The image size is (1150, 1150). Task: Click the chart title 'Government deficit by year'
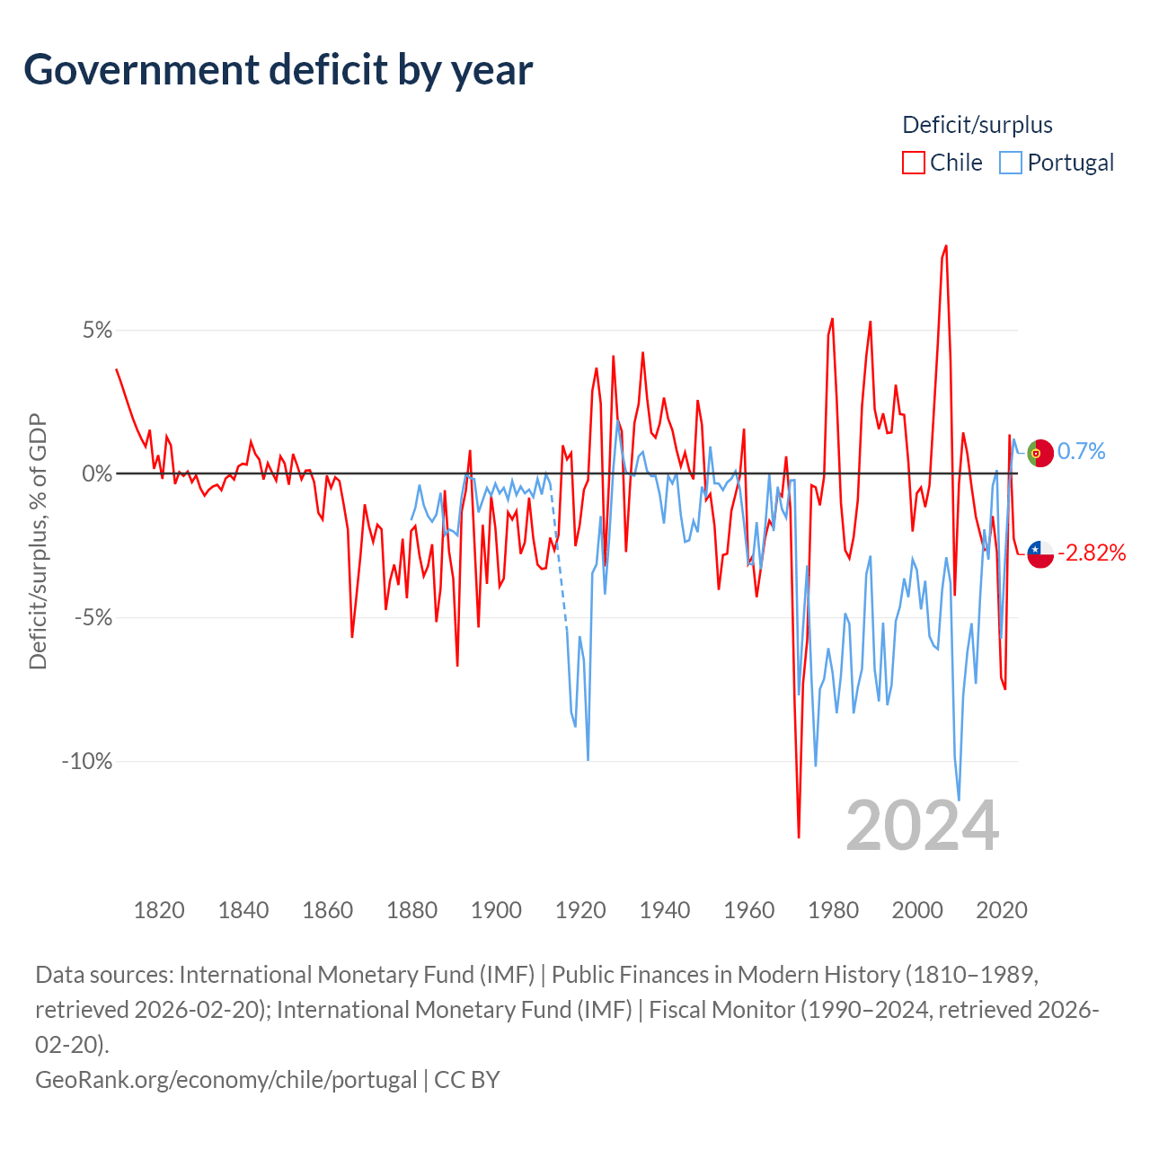[x=279, y=70]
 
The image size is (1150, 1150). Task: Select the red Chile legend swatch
[x=914, y=163]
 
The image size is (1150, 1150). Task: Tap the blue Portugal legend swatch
[x=1011, y=163]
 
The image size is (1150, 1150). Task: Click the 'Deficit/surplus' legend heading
[x=977, y=125]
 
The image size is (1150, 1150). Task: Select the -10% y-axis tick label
[x=87, y=762]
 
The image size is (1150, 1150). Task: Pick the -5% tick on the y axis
[x=93, y=618]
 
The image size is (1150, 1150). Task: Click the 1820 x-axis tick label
[x=159, y=910]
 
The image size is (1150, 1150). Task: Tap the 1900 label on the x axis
[x=496, y=910]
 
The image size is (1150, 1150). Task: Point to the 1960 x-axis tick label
[x=749, y=910]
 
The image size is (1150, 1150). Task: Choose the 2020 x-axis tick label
[x=1002, y=910]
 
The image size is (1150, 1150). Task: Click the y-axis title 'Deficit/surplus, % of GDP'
[x=38, y=542]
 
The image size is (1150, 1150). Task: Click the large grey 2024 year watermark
[x=923, y=826]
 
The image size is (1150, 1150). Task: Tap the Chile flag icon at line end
[x=1040, y=554]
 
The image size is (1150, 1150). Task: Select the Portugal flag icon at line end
[x=1040, y=454]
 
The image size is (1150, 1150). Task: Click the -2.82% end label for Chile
[x=1092, y=553]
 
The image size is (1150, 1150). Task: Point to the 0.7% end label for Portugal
[x=1082, y=451]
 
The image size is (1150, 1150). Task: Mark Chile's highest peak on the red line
[x=946, y=246]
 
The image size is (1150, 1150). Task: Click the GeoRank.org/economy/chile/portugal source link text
[x=226, y=1079]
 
